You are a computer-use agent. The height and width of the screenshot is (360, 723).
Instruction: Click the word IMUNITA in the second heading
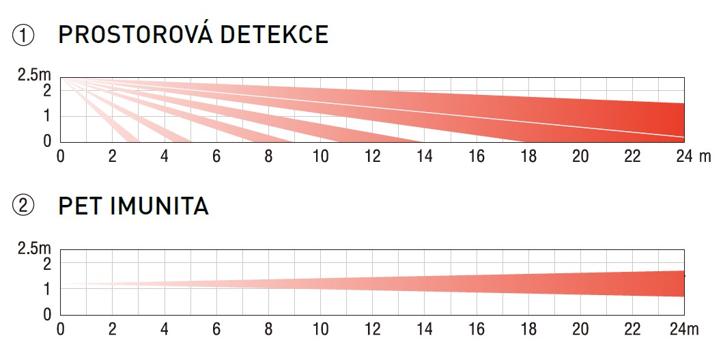[x=160, y=206]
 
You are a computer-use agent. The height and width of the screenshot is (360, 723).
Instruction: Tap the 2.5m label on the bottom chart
[x=34, y=248]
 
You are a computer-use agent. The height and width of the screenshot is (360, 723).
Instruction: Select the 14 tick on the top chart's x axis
[x=424, y=156]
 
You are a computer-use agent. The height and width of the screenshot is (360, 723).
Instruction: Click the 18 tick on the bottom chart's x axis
[x=528, y=329]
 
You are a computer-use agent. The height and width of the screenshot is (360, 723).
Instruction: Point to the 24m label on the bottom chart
[x=683, y=329]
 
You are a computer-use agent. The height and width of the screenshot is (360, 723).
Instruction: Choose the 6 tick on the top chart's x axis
[x=216, y=156]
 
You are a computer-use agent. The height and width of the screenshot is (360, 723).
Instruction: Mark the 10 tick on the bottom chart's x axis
[x=320, y=329]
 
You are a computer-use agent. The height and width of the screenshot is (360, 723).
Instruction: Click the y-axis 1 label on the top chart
[x=47, y=116]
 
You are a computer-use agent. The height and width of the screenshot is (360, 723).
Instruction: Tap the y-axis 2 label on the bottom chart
[x=47, y=264]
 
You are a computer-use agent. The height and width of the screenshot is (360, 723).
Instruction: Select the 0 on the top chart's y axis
[x=47, y=141]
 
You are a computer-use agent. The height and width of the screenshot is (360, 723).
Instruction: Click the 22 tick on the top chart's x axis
[x=632, y=156]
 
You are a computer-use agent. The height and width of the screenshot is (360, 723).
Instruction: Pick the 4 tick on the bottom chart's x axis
[x=164, y=329]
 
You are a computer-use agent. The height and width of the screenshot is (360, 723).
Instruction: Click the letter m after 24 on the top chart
[x=705, y=156]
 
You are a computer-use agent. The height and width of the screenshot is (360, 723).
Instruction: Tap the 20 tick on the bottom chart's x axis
[x=580, y=329]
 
